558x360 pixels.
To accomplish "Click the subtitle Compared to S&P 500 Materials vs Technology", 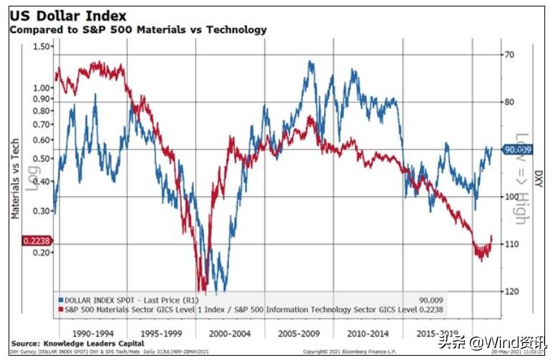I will coord(137,29).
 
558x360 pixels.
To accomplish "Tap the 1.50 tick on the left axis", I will coord(43,47).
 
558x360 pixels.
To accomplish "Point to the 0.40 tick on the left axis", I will coord(43,182).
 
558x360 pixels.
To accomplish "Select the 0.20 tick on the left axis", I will coord(43,253).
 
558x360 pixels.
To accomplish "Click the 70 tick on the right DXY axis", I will coord(510,54).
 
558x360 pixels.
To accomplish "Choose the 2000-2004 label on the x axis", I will coord(230,334).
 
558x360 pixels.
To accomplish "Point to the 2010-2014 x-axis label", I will coord(368,334).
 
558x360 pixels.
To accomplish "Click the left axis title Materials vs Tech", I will coord(15,179).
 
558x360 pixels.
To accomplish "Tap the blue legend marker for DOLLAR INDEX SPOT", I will coord(59,299).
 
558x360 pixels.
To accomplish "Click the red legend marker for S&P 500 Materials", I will coord(59,309).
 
